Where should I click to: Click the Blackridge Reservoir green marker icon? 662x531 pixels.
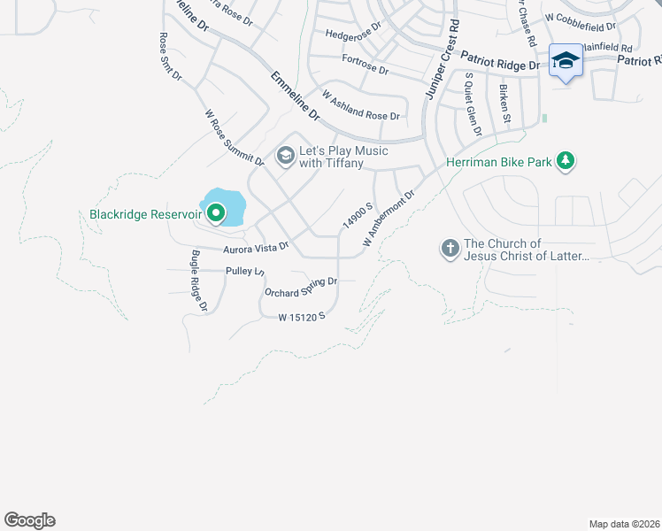[215, 213]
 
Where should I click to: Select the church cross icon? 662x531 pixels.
[450, 249]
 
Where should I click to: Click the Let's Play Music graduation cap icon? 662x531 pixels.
[285, 157]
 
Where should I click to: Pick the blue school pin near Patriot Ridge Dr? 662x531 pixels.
[566, 60]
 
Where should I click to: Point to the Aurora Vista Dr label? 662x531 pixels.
[256, 248]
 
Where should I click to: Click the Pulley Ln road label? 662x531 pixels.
[245, 271]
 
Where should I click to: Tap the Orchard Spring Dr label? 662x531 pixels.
[301, 287]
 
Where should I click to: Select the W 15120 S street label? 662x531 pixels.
[303, 316]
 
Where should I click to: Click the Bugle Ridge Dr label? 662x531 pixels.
[197, 281]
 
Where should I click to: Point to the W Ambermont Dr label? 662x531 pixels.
[389, 218]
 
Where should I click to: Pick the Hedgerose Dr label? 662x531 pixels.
[352, 33]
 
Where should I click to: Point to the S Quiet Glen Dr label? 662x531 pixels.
[472, 104]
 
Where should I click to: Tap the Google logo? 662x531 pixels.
[29, 520]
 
